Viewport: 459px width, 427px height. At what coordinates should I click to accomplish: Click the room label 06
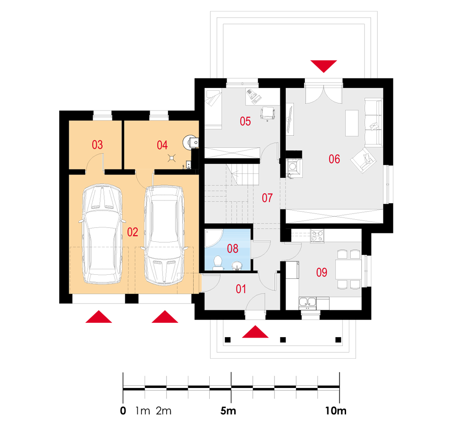coord(334,159)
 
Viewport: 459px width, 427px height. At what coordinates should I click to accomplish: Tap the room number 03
coord(97,145)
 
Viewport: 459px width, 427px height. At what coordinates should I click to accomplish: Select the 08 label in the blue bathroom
coord(233,249)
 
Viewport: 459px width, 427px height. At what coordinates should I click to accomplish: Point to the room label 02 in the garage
coord(133,232)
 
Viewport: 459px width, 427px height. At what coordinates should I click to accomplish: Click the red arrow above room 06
coord(324,66)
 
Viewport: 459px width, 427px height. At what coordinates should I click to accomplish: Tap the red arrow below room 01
coord(255,332)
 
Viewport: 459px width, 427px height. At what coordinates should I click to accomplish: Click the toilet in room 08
coord(218,263)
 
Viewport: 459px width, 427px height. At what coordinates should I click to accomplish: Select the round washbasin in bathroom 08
coord(237,266)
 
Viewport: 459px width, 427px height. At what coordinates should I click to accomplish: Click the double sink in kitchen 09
coord(308,303)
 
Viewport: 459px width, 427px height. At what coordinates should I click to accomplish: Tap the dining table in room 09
coord(348,269)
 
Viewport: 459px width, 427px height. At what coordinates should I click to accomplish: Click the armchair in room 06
coord(363,160)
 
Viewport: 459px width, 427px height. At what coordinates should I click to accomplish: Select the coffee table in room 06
coord(352,123)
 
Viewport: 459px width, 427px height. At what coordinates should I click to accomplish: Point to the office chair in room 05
coord(268,113)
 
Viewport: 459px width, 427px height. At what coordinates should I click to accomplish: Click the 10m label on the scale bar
coord(336,411)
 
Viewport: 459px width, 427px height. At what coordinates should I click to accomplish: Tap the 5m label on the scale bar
coord(228,411)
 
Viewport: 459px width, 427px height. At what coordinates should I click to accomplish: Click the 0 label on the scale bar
coord(123,411)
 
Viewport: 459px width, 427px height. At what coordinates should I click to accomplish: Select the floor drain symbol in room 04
coord(172,158)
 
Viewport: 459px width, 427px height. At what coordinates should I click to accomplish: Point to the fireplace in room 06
coord(293,166)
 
